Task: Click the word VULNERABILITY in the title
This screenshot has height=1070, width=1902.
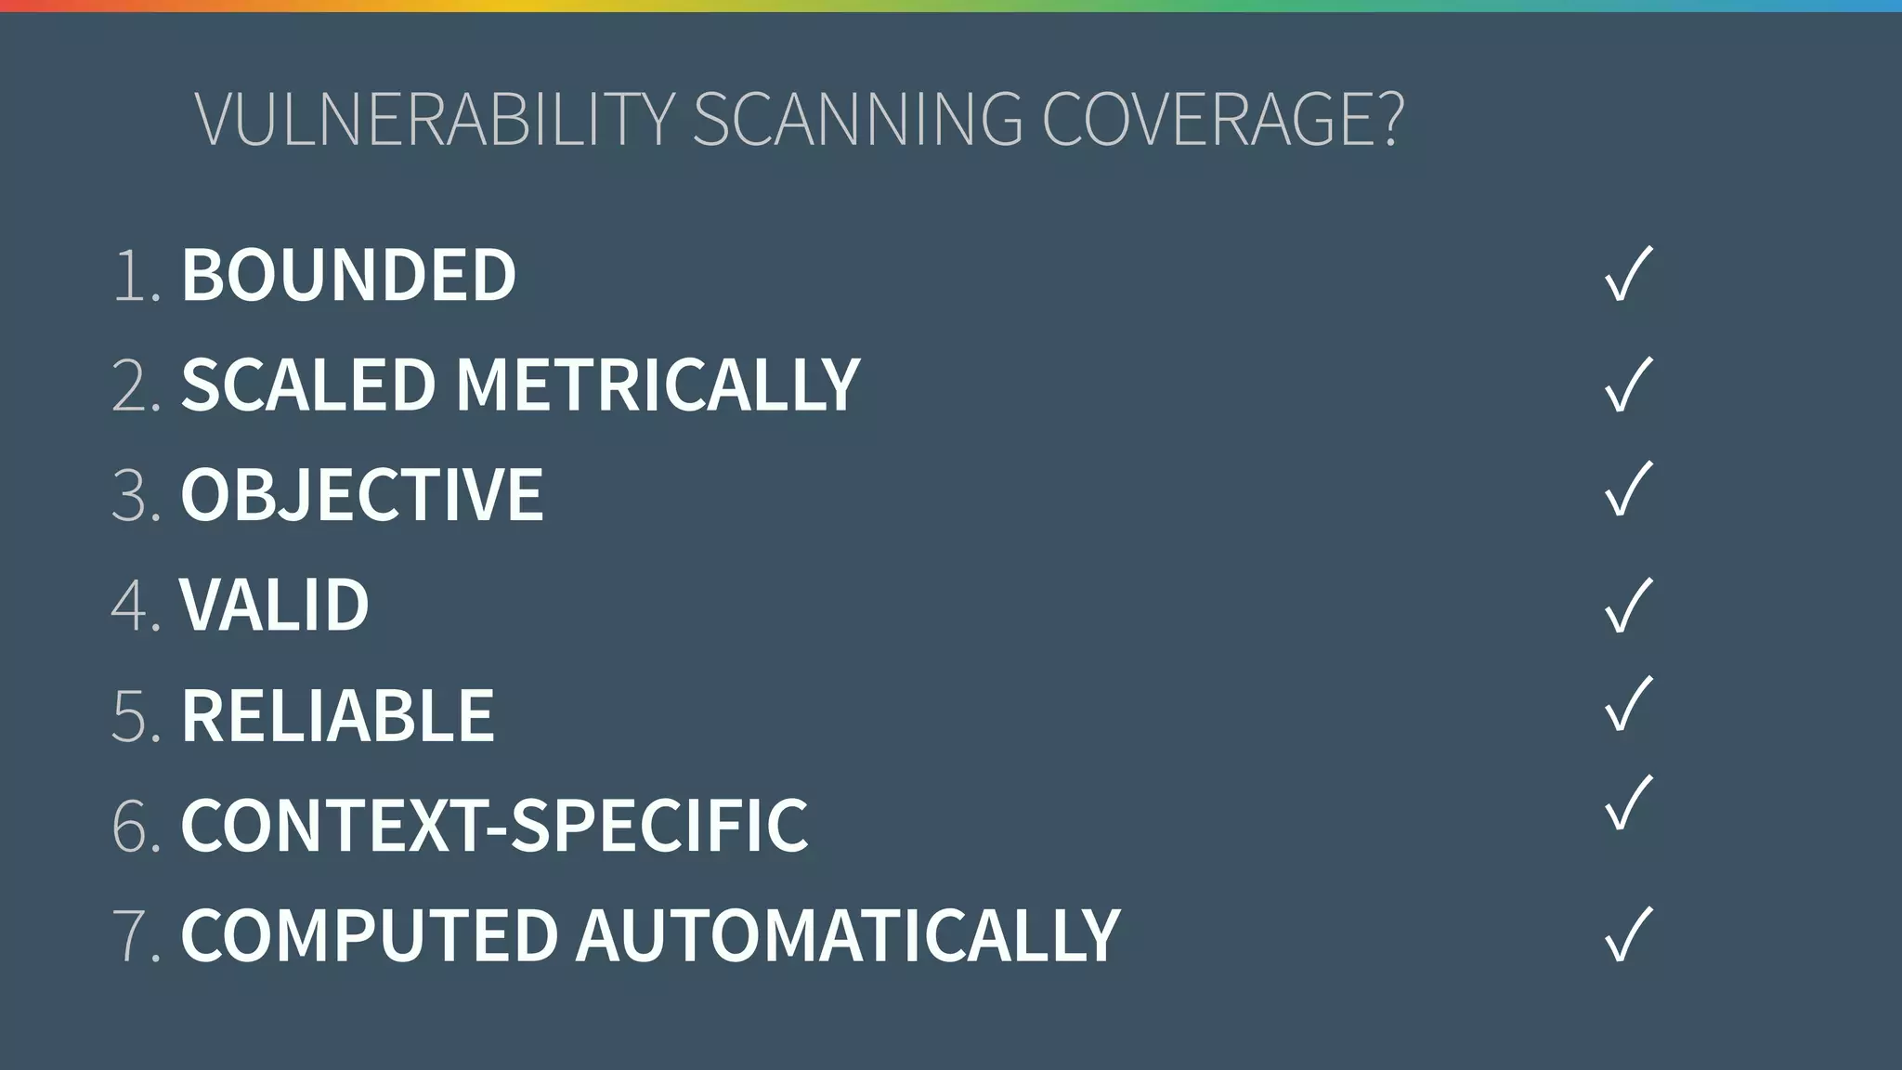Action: [434, 119]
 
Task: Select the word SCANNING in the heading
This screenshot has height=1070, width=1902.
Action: [857, 119]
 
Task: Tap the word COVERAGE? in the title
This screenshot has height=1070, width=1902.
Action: [1222, 119]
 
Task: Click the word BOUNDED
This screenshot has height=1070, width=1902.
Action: [348, 275]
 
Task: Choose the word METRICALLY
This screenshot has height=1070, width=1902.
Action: [658, 385]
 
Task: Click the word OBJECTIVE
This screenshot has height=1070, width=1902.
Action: [361, 494]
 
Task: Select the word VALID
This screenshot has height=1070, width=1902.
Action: [275, 605]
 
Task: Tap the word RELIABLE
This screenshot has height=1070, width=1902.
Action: [338, 715]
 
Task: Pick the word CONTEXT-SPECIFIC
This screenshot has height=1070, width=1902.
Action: [494, 825]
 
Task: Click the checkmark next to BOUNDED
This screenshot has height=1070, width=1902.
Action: [1628, 274]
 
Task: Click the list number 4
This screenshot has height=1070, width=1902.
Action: [131, 606]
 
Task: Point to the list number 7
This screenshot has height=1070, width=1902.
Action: [131, 935]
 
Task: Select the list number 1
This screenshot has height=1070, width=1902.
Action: [131, 276]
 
